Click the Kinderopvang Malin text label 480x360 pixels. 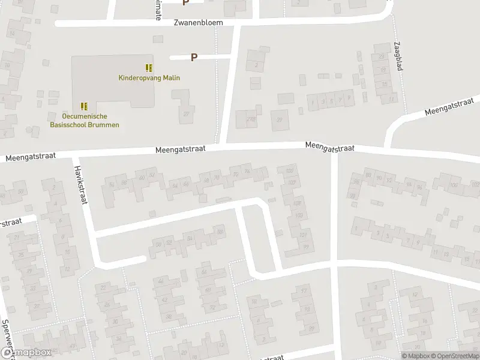[149, 77]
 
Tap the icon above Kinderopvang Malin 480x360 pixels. [149, 68]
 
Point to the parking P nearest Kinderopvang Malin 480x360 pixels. [194, 58]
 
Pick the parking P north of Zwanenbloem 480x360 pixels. [185, 2]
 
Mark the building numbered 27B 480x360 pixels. [250, 119]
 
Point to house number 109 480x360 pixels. [299, 215]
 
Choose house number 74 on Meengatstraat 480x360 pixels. [247, 173]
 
